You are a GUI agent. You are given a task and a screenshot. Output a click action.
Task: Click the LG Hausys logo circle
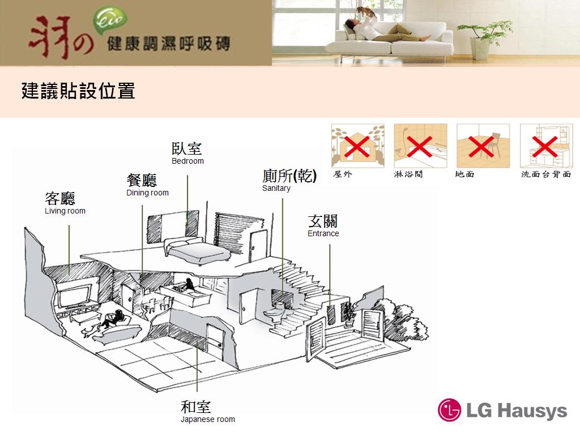click(450, 410)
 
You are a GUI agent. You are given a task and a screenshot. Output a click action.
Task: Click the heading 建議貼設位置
click(78, 91)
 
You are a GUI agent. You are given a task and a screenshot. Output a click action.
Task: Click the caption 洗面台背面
click(545, 174)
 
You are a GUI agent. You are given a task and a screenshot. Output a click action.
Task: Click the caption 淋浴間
click(408, 174)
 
